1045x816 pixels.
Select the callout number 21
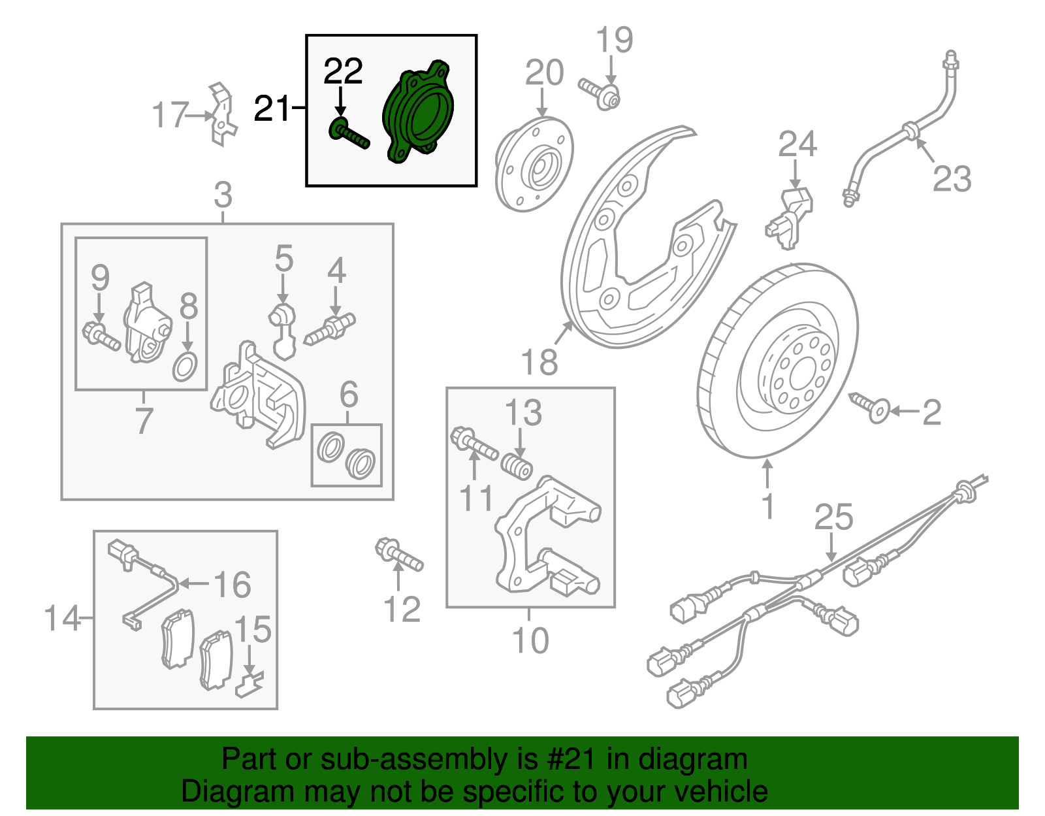click(271, 108)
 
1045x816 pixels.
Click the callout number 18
click(539, 362)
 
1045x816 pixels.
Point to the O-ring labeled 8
click(185, 367)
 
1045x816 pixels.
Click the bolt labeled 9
click(101, 336)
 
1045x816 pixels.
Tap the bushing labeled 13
click(517, 467)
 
